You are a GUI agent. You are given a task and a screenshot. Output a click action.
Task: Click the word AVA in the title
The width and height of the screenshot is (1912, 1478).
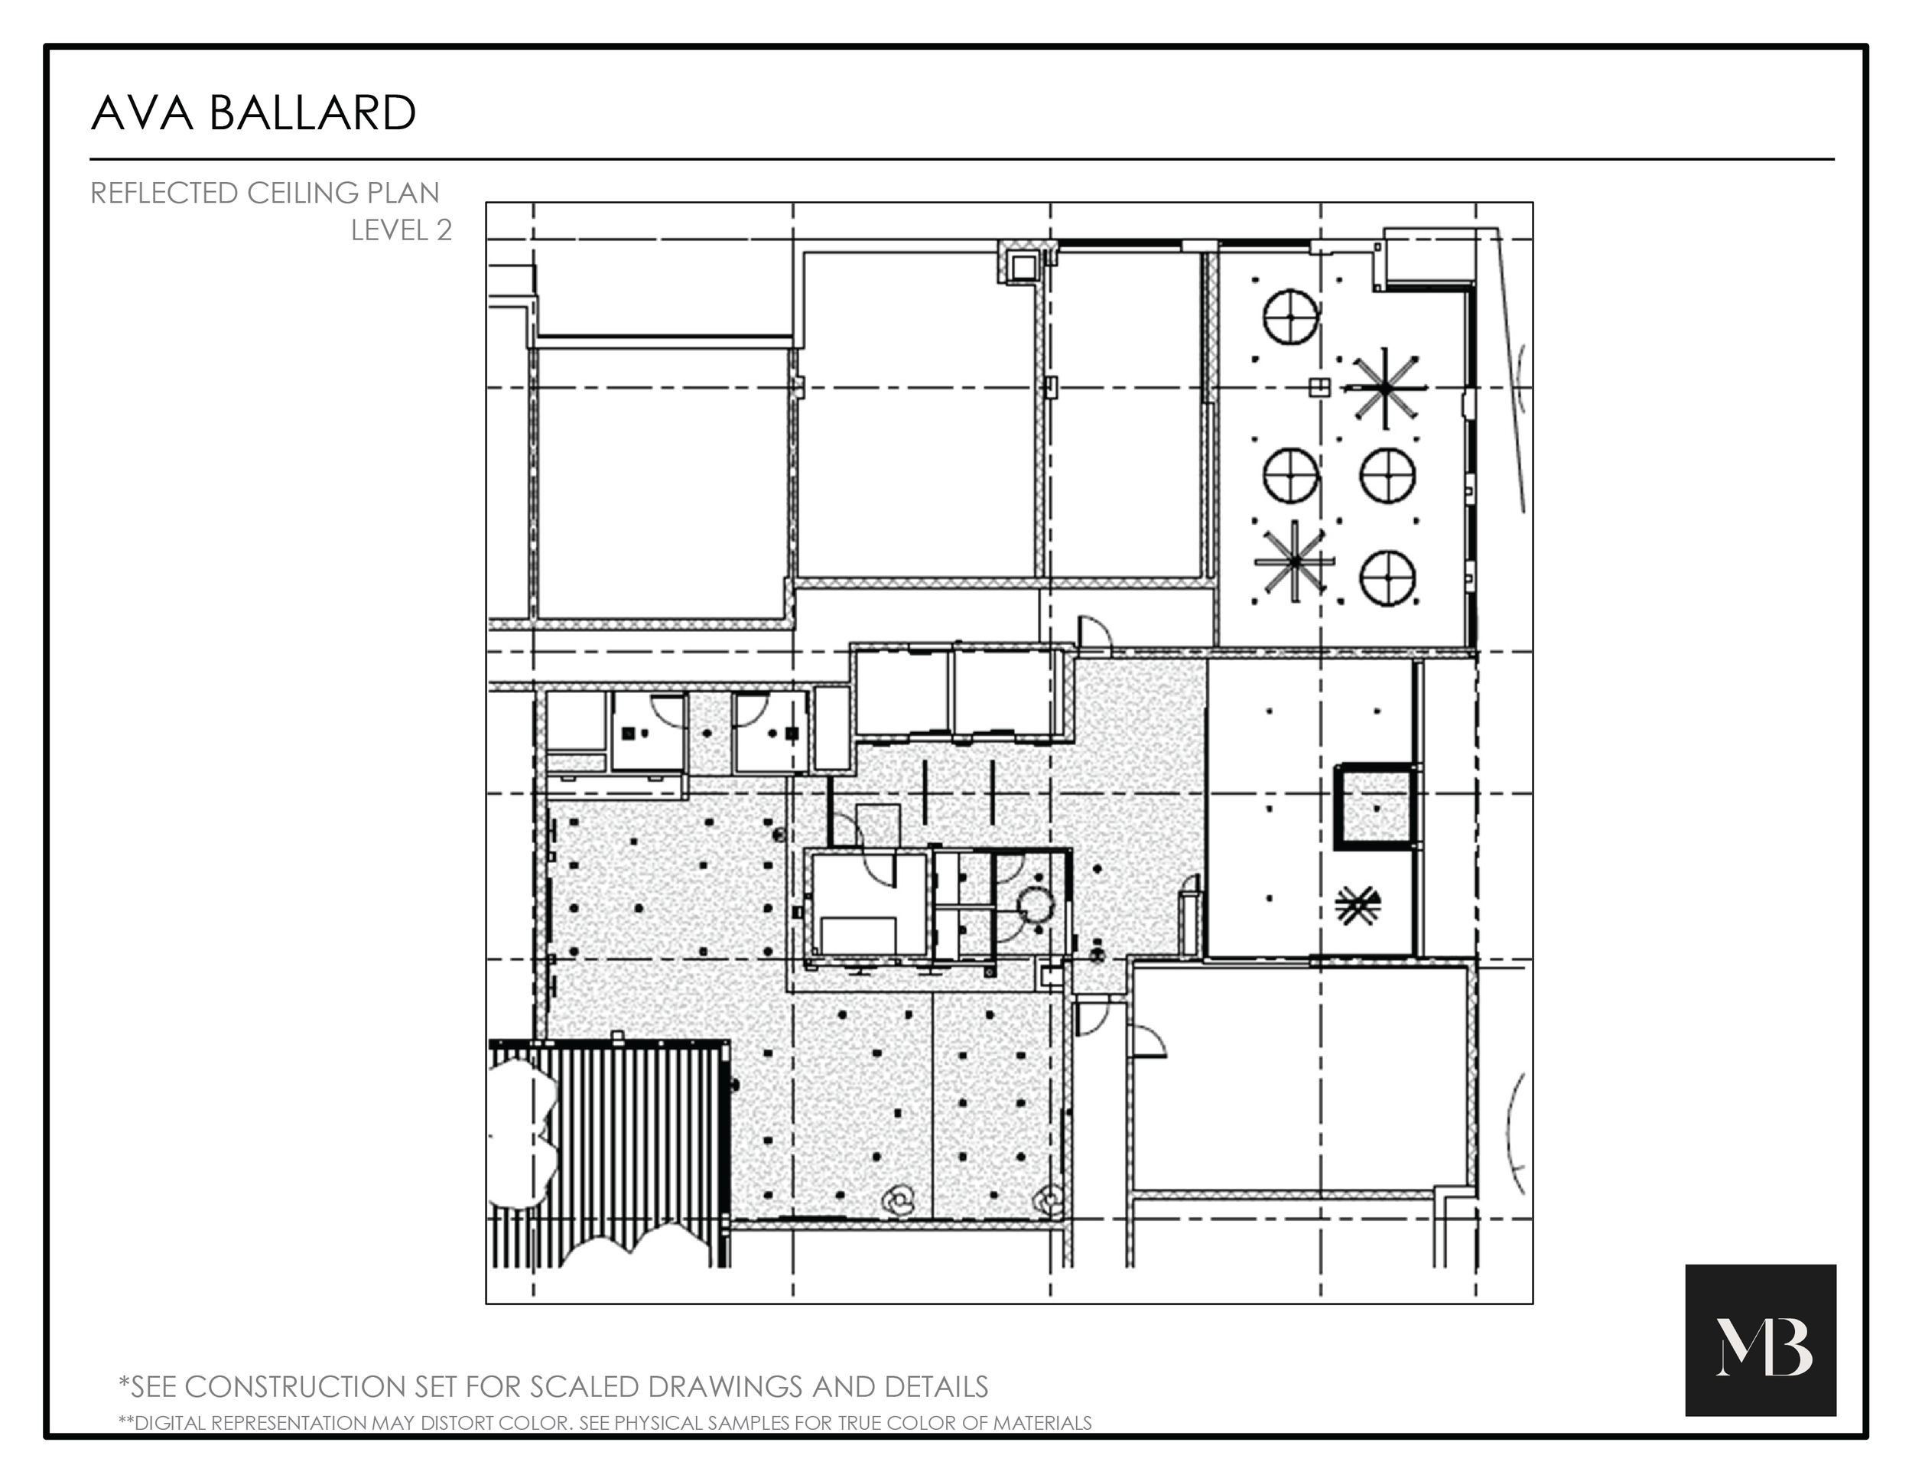[141, 114]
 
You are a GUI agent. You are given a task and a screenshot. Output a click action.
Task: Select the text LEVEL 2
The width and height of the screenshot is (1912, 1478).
[401, 230]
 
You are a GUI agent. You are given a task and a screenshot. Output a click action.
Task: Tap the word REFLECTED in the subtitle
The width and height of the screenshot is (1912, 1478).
[164, 193]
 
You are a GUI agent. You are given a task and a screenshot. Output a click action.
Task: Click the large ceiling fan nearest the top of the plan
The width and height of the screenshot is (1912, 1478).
[1385, 388]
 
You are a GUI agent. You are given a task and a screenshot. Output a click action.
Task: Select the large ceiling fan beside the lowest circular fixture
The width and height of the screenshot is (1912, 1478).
[1295, 562]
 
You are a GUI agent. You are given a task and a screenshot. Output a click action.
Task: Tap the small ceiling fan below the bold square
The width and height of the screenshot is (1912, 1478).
[1357, 907]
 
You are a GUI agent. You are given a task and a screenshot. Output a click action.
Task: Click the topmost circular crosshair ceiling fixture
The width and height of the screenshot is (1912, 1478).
[1290, 317]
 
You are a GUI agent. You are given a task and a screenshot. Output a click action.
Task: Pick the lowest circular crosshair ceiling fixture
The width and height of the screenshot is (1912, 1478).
[1387, 578]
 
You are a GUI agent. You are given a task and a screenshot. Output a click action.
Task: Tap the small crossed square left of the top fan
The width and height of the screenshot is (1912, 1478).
[1319, 387]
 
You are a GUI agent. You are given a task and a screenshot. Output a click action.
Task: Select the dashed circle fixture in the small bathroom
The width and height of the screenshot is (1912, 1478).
[1035, 904]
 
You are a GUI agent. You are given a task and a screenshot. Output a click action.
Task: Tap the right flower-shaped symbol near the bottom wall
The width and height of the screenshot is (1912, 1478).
[1049, 1200]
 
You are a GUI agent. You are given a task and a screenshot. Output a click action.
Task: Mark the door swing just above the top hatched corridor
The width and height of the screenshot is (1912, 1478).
[1094, 632]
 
